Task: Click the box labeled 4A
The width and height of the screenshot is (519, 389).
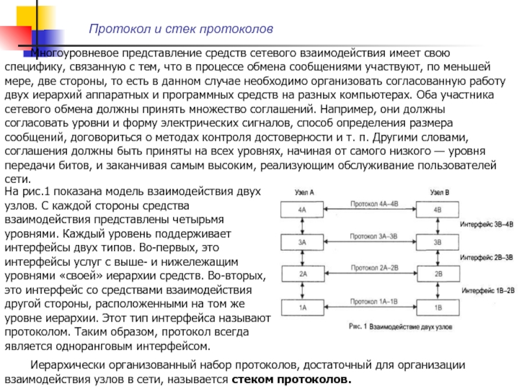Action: pyautogui.click(x=302, y=210)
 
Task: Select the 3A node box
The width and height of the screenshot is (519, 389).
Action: pyautogui.click(x=302, y=242)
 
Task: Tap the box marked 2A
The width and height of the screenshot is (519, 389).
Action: pyautogui.click(x=302, y=274)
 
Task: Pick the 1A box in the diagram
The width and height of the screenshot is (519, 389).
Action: pyautogui.click(x=302, y=307)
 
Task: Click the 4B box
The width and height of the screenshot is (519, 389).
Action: pyautogui.click(x=437, y=210)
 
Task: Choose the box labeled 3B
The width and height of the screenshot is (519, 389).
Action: pyautogui.click(x=437, y=242)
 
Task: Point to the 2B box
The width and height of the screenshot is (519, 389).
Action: pyautogui.click(x=437, y=274)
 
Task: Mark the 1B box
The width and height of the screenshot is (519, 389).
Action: pyautogui.click(x=437, y=307)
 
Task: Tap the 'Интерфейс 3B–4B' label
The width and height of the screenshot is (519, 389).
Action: pyautogui.click(x=487, y=224)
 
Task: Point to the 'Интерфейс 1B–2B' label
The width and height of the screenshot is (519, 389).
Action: pyautogui.click(x=487, y=290)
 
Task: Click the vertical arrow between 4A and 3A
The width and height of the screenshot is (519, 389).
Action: pyautogui.click(x=302, y=226)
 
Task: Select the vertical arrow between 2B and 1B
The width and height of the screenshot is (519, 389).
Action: pyautogui.click(x=438, y=290)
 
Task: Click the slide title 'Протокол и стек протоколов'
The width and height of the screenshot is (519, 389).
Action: pyautogui.click(x=181, y=30)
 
